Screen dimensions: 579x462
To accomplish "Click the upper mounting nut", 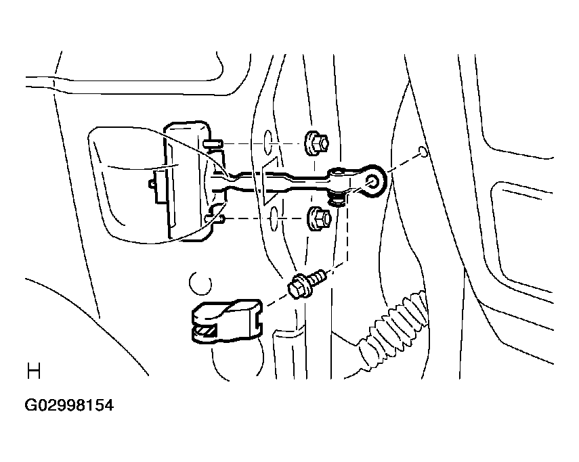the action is tap(316, 143).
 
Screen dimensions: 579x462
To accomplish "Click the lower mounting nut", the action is tap(319, 219).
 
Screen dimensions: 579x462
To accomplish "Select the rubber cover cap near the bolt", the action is tap(226, 321).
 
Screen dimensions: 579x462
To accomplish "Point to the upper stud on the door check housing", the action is tap(213, 143).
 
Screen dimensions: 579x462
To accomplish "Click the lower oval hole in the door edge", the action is tap(274, 218).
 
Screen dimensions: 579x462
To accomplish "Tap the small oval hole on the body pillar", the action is tap(423, 151).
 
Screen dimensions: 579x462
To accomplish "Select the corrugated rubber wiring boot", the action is tap(393, 325).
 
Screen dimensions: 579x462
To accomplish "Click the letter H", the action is tap(34, 371).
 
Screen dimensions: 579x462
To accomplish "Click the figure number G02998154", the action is tap(69, 405).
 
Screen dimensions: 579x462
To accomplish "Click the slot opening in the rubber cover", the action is tap(206, 330).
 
